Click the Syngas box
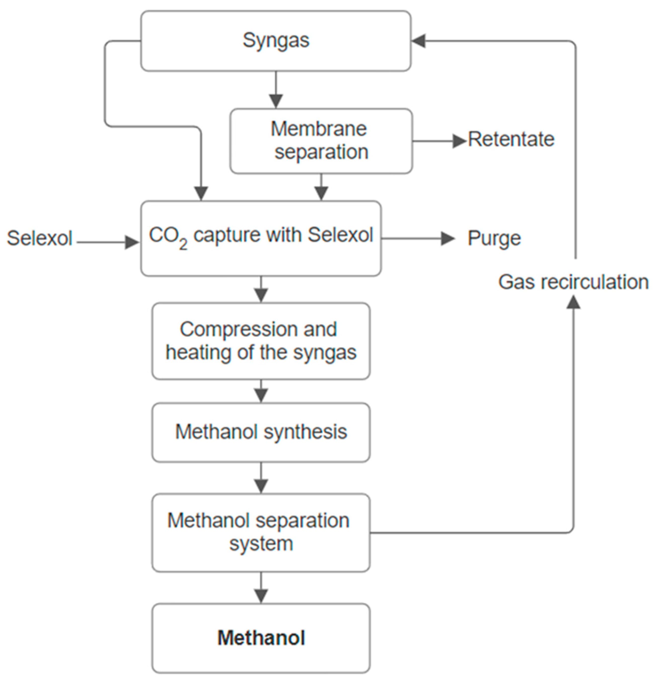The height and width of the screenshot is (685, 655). tap(276, 41)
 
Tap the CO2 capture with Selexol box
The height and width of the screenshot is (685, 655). tap(261, 239)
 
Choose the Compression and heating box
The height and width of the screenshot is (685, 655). tap(261, 341)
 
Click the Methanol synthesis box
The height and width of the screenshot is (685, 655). tap(261, 432)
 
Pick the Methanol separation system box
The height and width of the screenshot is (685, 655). tap(261, 532)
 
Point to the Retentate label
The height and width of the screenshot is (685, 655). tap(511, 139)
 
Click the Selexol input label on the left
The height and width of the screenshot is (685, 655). tap(40, 239)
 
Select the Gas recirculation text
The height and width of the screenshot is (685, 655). tap(573, 282)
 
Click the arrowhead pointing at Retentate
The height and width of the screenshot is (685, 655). tap(459, 141)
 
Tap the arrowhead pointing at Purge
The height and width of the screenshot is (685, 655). tap(448, 239)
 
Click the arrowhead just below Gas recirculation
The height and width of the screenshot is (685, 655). tap(573, 302)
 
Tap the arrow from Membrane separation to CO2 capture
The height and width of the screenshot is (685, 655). tap(321, 188)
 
